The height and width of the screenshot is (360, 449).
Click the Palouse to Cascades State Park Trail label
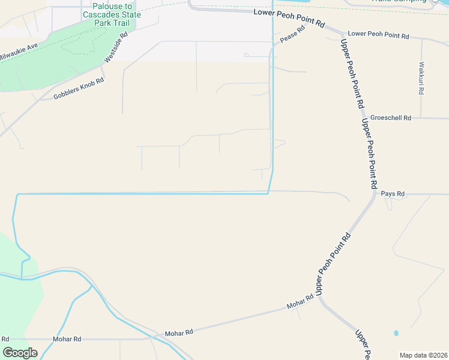coord(112,14)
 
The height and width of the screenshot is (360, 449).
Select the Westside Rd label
coord(116,47)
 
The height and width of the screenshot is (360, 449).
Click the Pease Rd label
coord(293,36)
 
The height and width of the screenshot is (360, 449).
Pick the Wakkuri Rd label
coord(421,79)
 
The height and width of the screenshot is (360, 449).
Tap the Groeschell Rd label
coord(390,118)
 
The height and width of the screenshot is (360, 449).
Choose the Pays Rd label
coord(393,194)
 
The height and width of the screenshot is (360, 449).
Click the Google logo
coord(20,352)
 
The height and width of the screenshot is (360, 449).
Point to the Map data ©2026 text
coord(423,355)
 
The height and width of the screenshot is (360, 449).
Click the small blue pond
coord(396,332)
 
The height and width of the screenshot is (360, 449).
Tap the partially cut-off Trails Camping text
coord(399,1)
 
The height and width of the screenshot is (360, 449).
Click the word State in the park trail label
coord(131,14)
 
